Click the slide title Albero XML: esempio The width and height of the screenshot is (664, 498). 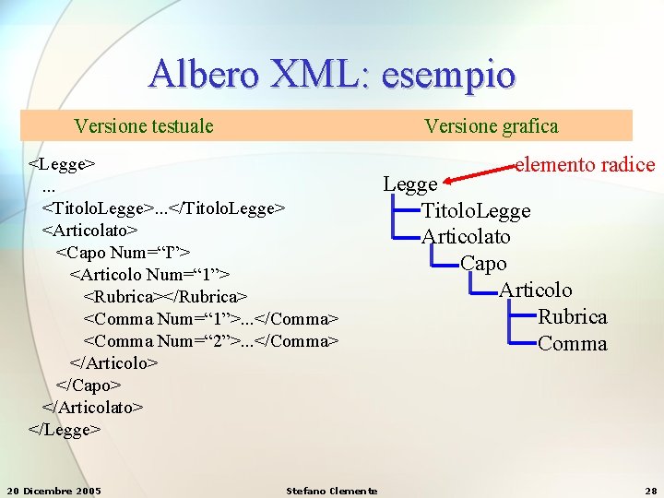click(x=332, y=73)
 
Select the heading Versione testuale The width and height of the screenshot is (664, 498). click(x=144, y=125)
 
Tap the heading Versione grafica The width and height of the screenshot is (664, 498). click(x=491, y=125)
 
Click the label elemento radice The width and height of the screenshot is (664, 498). click(x=585, y=165)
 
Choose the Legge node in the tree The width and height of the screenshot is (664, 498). click(x=409, y=184)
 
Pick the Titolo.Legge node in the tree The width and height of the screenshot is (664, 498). click(x=476, y=211)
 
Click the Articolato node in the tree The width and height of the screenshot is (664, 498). click(x=466, y=237)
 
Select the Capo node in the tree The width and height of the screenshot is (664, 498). click(x=483, y=264)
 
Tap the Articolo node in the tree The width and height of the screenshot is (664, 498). click(x=536, y=290)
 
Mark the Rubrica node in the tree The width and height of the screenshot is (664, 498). click(x=573, y=317)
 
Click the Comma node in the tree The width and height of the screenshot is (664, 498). click(x=573, y=344)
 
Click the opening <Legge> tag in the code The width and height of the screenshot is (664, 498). click(x=62, y=164)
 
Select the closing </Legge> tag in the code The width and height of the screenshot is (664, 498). click(x=65, y=429)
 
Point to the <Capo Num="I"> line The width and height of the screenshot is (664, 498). click(x=124, y=253)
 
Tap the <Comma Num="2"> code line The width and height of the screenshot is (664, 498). click(x=211, y=341)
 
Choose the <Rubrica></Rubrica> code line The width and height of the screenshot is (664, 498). click(x=165, y=297)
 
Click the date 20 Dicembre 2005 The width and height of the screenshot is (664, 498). click(x=53, y=490)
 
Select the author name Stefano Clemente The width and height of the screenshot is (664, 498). click(x=332, y=490)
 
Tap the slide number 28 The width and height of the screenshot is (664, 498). click(x=650, y=490)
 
